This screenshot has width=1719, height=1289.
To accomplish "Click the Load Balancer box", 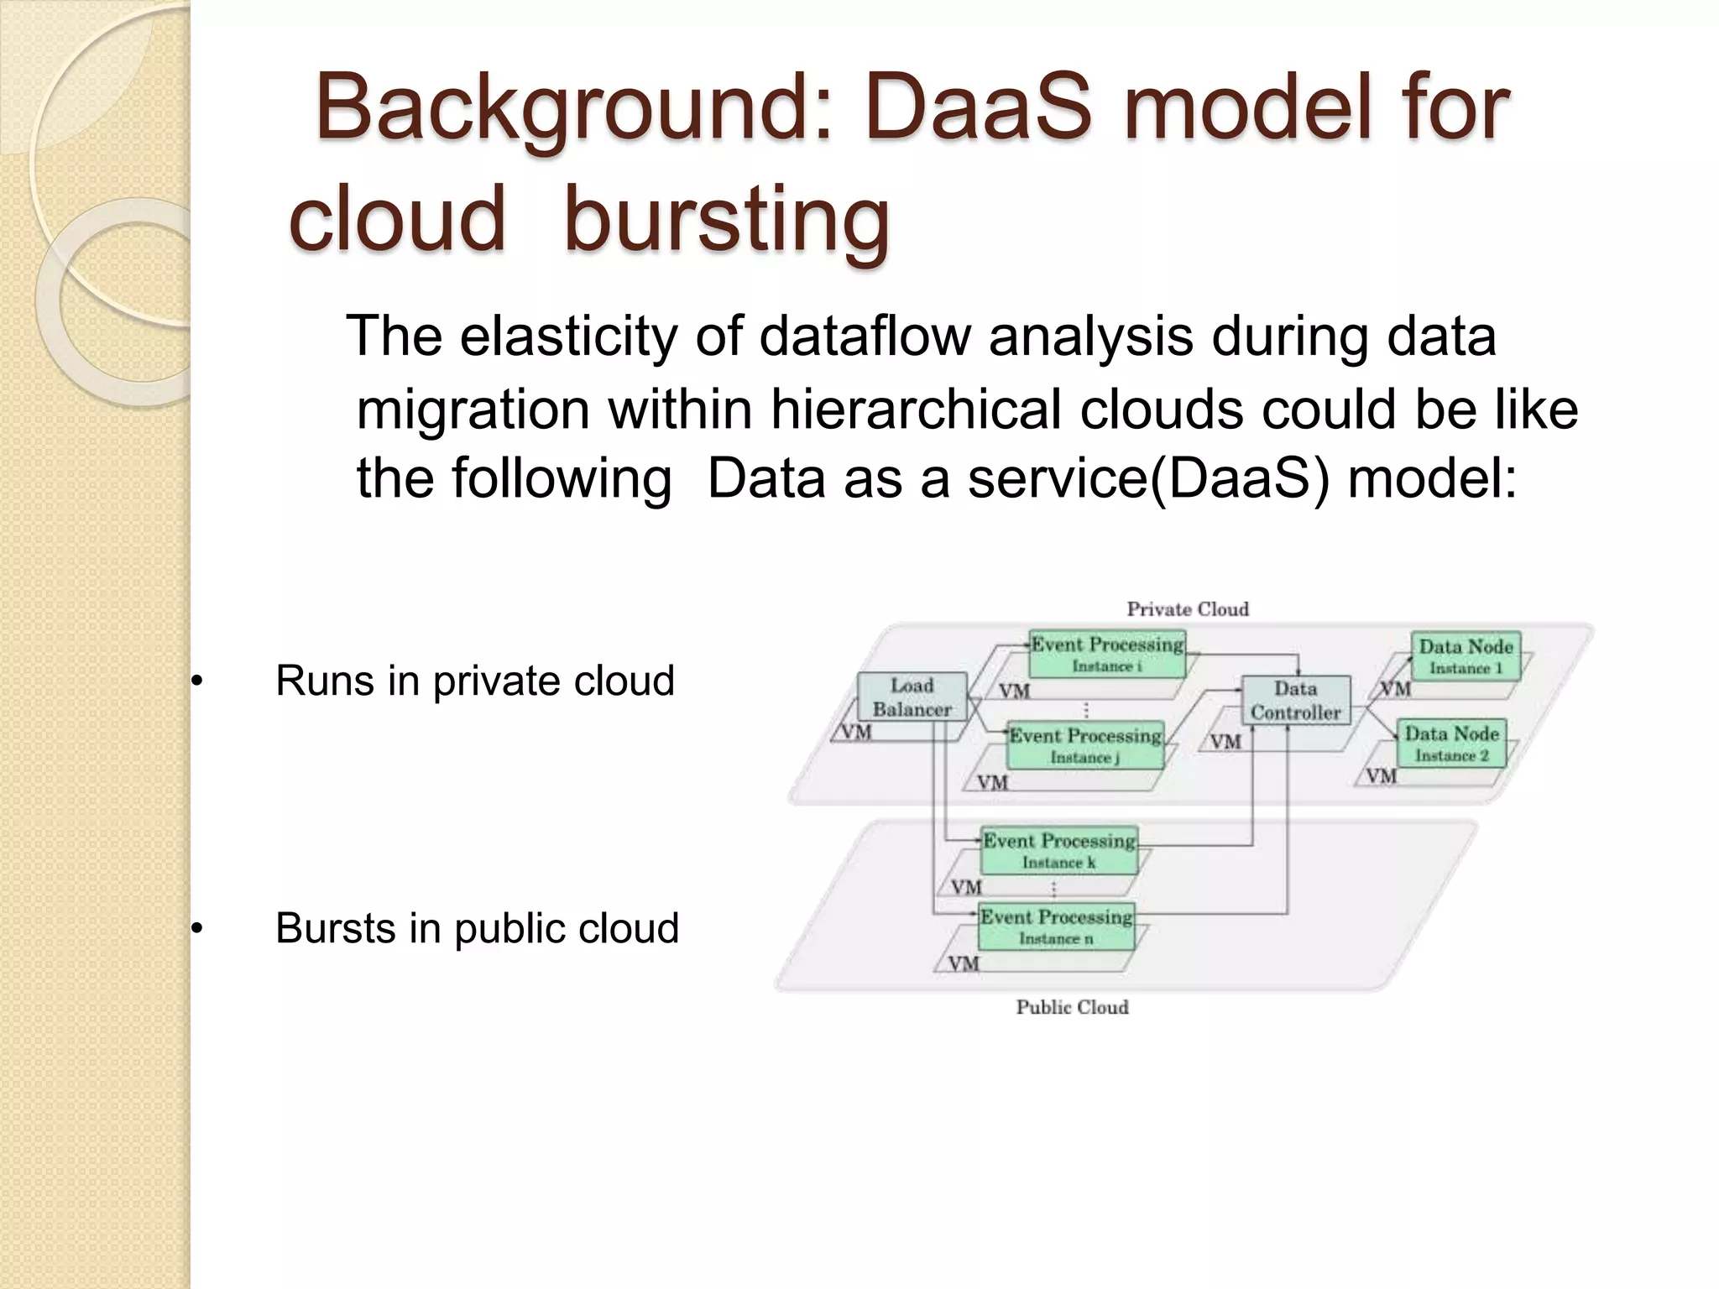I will pos(912,697).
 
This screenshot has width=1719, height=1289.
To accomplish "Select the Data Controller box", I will pos(1295,700).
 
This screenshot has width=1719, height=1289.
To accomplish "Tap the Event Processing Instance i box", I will pos(1106,655).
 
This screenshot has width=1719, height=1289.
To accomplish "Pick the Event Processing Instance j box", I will pos(1084,745).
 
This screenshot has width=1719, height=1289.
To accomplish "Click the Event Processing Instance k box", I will pos(1058,850).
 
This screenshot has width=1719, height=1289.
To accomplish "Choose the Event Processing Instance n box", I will pos(1056,926).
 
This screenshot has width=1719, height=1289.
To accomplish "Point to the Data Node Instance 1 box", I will pos(1466,656).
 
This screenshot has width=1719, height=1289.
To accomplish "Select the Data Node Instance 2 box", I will pos(1451,744).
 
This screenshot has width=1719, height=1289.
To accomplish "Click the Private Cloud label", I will pos(1187,609).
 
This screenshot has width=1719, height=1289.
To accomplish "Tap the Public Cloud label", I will pos(1072,1007).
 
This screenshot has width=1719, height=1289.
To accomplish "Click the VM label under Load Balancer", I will pos(856,733).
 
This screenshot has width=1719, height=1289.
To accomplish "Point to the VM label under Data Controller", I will pos(1225,742).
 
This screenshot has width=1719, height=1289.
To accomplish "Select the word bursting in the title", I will pos(726,218).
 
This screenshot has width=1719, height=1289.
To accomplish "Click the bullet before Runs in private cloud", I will pos(196,681).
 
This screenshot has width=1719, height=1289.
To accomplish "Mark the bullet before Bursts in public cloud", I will pos(196,929).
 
